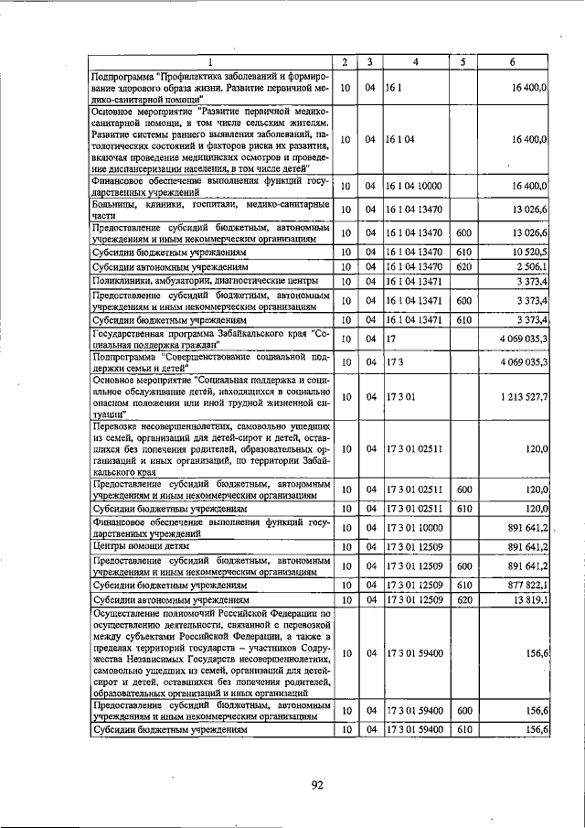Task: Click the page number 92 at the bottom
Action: [318, 784]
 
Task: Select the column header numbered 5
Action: [463, 61]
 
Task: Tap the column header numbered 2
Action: [344, 61]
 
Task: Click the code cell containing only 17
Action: [392, 339]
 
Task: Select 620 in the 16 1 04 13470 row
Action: [463, 265]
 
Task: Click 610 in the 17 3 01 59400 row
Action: [463, 729]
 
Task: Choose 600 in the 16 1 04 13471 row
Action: [463, 300]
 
